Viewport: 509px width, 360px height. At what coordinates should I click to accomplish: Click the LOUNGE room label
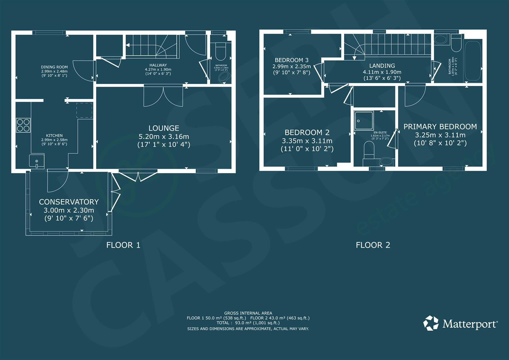(164, 128)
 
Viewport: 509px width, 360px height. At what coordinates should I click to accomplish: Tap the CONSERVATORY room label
(69, 202)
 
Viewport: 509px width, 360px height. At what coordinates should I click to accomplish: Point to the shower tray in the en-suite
(364, 120)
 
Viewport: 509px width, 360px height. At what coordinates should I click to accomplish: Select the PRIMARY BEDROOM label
(440, 127)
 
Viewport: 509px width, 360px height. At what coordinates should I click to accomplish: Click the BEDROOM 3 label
(291, 60)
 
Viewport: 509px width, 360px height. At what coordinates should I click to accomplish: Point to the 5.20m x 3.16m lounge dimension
(164, 136)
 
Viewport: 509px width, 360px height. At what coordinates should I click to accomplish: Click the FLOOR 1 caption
(123, 245)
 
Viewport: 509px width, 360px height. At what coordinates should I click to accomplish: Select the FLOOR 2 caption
(373, 245)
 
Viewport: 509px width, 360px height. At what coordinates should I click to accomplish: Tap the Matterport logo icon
(431, 323)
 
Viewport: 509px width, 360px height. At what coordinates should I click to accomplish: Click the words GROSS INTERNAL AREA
(248, 313)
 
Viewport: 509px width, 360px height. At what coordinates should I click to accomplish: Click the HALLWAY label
(158, 65)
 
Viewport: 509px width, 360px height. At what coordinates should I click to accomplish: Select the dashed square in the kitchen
(84, 110)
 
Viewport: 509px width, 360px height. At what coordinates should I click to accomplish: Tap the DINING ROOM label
(54, 67)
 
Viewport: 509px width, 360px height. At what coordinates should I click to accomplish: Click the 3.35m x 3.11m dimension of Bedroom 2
(307, 141)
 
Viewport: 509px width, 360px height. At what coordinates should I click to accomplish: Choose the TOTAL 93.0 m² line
(248, 323)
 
